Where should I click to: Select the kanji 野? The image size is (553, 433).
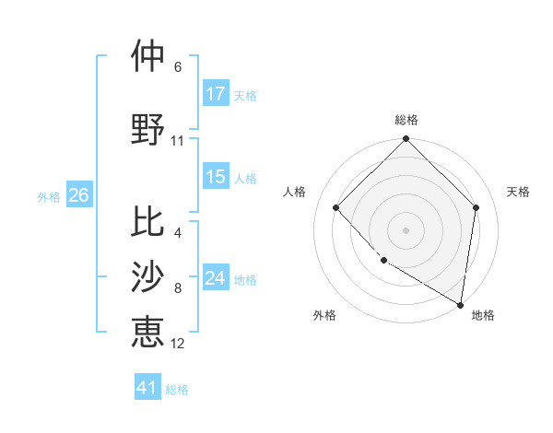coord(147,129)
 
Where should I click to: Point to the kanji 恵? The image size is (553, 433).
coord(147,331)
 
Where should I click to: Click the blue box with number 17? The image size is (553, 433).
coord(216,93)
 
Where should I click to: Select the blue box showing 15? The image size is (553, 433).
coord(216,177)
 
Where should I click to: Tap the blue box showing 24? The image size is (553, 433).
coord(216,278)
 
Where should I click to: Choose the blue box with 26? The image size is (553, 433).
coord(78,195)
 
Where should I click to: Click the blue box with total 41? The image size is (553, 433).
coord(147,388)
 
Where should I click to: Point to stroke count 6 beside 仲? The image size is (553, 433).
coord(178,67)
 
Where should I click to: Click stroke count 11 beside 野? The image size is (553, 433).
coord(178,141)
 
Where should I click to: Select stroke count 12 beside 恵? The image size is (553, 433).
coord(178,344)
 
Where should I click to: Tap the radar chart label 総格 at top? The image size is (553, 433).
coord(406,120)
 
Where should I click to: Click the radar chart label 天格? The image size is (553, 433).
coord(518,192)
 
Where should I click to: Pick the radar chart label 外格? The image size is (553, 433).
coord(324,315)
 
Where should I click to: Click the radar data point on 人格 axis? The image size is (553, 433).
coord(336,207)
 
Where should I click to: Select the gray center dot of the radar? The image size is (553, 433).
coord(406,229)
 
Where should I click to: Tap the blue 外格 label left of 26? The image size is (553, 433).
coord(49,196)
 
